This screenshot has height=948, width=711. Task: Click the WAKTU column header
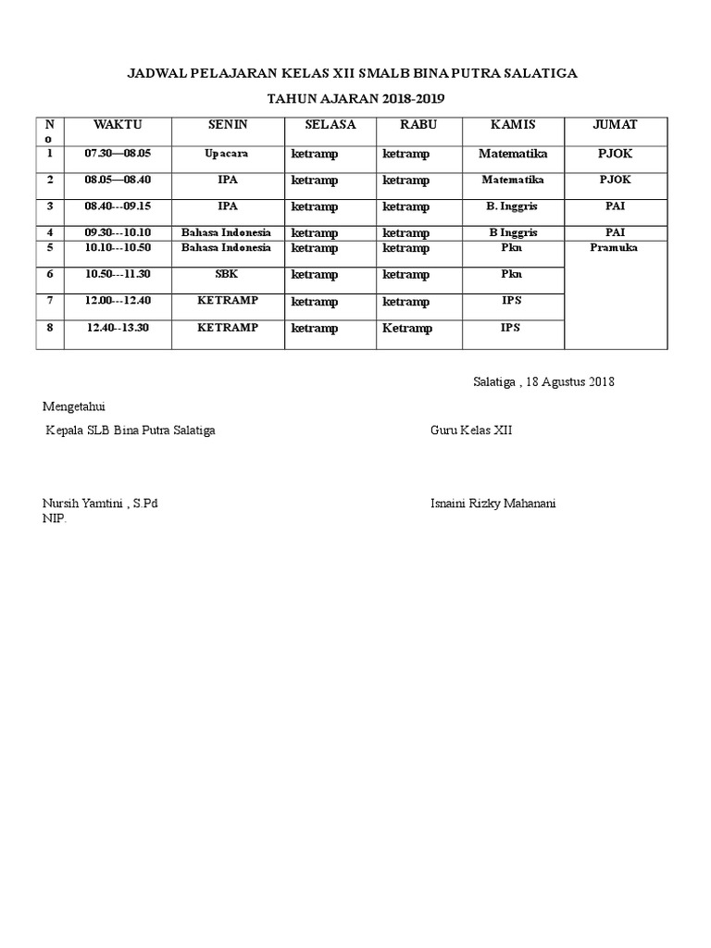(x=117, y=125)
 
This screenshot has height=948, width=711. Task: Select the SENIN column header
(x=227, y=125)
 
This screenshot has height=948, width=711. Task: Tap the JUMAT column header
(x=615, y=125)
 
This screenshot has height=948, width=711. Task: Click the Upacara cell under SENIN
(x=227, y=153)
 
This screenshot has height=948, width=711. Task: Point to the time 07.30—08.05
(x=117, y=153)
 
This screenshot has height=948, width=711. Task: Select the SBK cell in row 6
(x=227, y=274)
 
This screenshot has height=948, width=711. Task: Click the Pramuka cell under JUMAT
(x=615, y=247)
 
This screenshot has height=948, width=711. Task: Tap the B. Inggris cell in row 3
(x=512, y=206)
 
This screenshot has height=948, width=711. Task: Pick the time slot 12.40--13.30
(x=117, y=327)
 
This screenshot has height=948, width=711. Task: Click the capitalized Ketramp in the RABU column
(x=407, y=328)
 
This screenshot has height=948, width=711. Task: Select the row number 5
(x=51, y=248)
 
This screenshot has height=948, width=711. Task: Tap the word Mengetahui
(x=81, y=405)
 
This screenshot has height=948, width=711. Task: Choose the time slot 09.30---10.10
(x=117, y=232)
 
